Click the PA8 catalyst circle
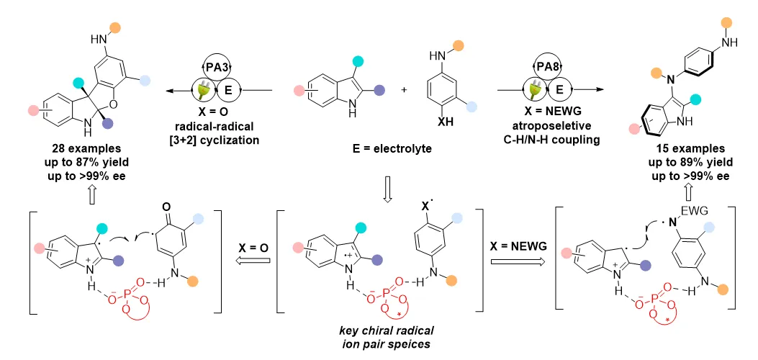549,66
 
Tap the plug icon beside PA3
201,91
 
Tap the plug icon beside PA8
535,91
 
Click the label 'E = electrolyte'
392,149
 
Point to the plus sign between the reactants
404,90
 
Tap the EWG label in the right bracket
688,211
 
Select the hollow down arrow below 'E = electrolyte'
387,192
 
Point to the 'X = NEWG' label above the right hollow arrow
518,246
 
